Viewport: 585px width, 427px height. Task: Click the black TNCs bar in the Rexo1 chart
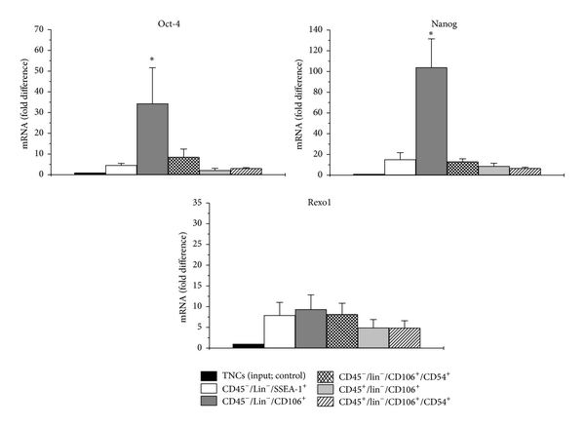coord(249,345)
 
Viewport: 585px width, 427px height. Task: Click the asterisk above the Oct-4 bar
coord(152,61)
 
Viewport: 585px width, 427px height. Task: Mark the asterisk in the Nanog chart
coord(430,31)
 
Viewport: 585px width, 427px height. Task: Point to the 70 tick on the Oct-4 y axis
coord(39,29)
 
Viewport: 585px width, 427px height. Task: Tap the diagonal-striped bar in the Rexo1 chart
coord(404,337)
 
